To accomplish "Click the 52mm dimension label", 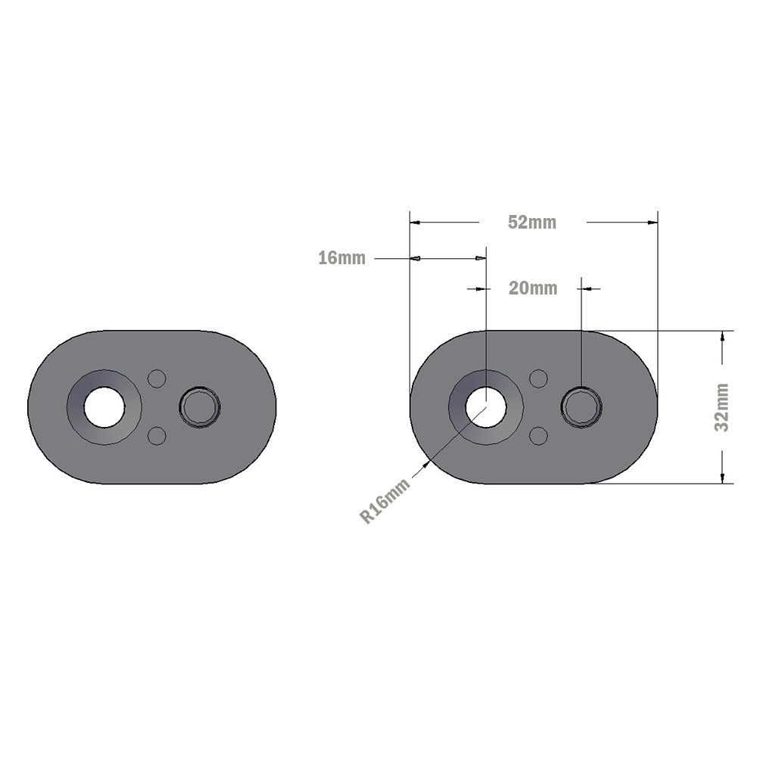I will (532, 223).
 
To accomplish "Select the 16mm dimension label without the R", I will (341, 258).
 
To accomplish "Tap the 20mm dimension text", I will (533, 288).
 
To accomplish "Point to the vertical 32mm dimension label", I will (723, 407).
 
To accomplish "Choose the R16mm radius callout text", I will (385, 501).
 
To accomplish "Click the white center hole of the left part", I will (104, 407).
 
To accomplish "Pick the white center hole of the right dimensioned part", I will (486, 407).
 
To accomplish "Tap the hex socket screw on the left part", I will (200, 408).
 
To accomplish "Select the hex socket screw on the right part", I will (581, 408).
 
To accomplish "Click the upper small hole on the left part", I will (157, 378).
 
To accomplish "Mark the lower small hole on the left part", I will (157, 436).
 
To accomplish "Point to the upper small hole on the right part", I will (538, 378).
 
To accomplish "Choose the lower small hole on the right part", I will (538, 436).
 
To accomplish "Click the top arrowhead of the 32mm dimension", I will (723, 337).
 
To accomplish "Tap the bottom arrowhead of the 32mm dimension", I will (723, 477).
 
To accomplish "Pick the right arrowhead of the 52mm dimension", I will (652, 223).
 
